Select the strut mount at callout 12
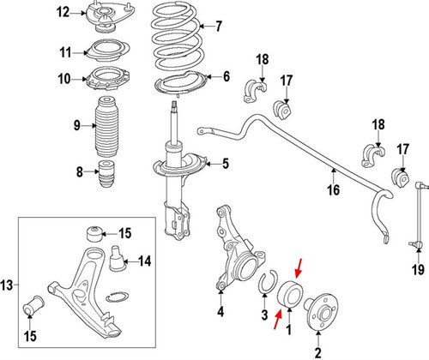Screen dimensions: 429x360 click(x=111, y=17)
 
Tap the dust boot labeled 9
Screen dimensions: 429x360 click(x=106, y=127)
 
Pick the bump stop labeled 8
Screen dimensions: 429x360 click(x=107, y=173)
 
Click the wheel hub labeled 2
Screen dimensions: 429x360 click(x=322, y=312)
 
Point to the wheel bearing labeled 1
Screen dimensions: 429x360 click(x=291, y=294)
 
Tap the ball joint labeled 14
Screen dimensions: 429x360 click(x=118, y=259)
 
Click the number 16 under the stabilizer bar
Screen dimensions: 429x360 click(x=333, y=190)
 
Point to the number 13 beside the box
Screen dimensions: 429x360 click(x=7, y=285)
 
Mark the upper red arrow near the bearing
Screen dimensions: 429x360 click(x=299, y=268)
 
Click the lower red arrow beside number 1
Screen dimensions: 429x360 click(x=278, y=320)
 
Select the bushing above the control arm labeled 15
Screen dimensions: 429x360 click(x=94, y=235)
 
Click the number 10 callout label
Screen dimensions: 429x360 click(x=64, y=79)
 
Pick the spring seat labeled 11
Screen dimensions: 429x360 click(x=108, y=51)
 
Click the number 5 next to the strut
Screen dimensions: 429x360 click(x=226, y=164)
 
